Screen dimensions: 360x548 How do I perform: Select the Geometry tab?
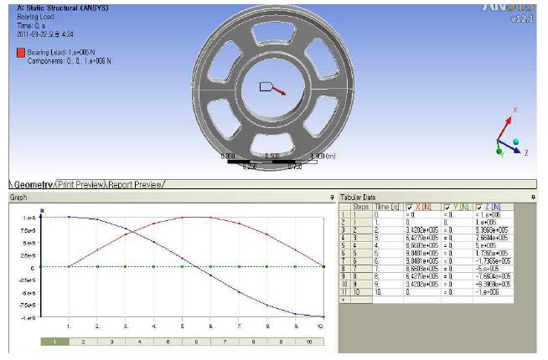pyautogui.click(x=32, y=184)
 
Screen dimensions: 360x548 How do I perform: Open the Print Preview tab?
pyautogui.click(x=81, y=184)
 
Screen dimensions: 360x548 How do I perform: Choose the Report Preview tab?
pyautogui.click(x=136, y=184)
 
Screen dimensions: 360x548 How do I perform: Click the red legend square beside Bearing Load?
pyautogui.click(x=21, y=52)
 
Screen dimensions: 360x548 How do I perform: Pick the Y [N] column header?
pyautogui.click(x=455, y=207)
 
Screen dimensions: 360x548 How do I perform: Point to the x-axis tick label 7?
pyautogui.click(x=239, y=325)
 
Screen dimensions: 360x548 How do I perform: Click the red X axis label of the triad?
pyautogui.click(x=514, y=110)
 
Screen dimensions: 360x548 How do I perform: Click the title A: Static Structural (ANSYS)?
pyautogui.click(x=56, y=8)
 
